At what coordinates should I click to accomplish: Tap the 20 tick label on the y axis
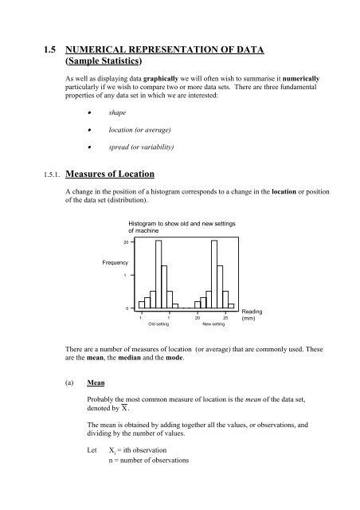click(126, 242)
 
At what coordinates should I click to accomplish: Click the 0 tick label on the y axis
click(127, 308)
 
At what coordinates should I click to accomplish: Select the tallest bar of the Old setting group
click(158, 274)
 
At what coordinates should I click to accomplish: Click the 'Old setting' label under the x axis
click(157, 325)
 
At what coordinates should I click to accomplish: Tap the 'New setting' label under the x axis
click(213, 325)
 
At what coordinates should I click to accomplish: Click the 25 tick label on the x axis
click(225, 317)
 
